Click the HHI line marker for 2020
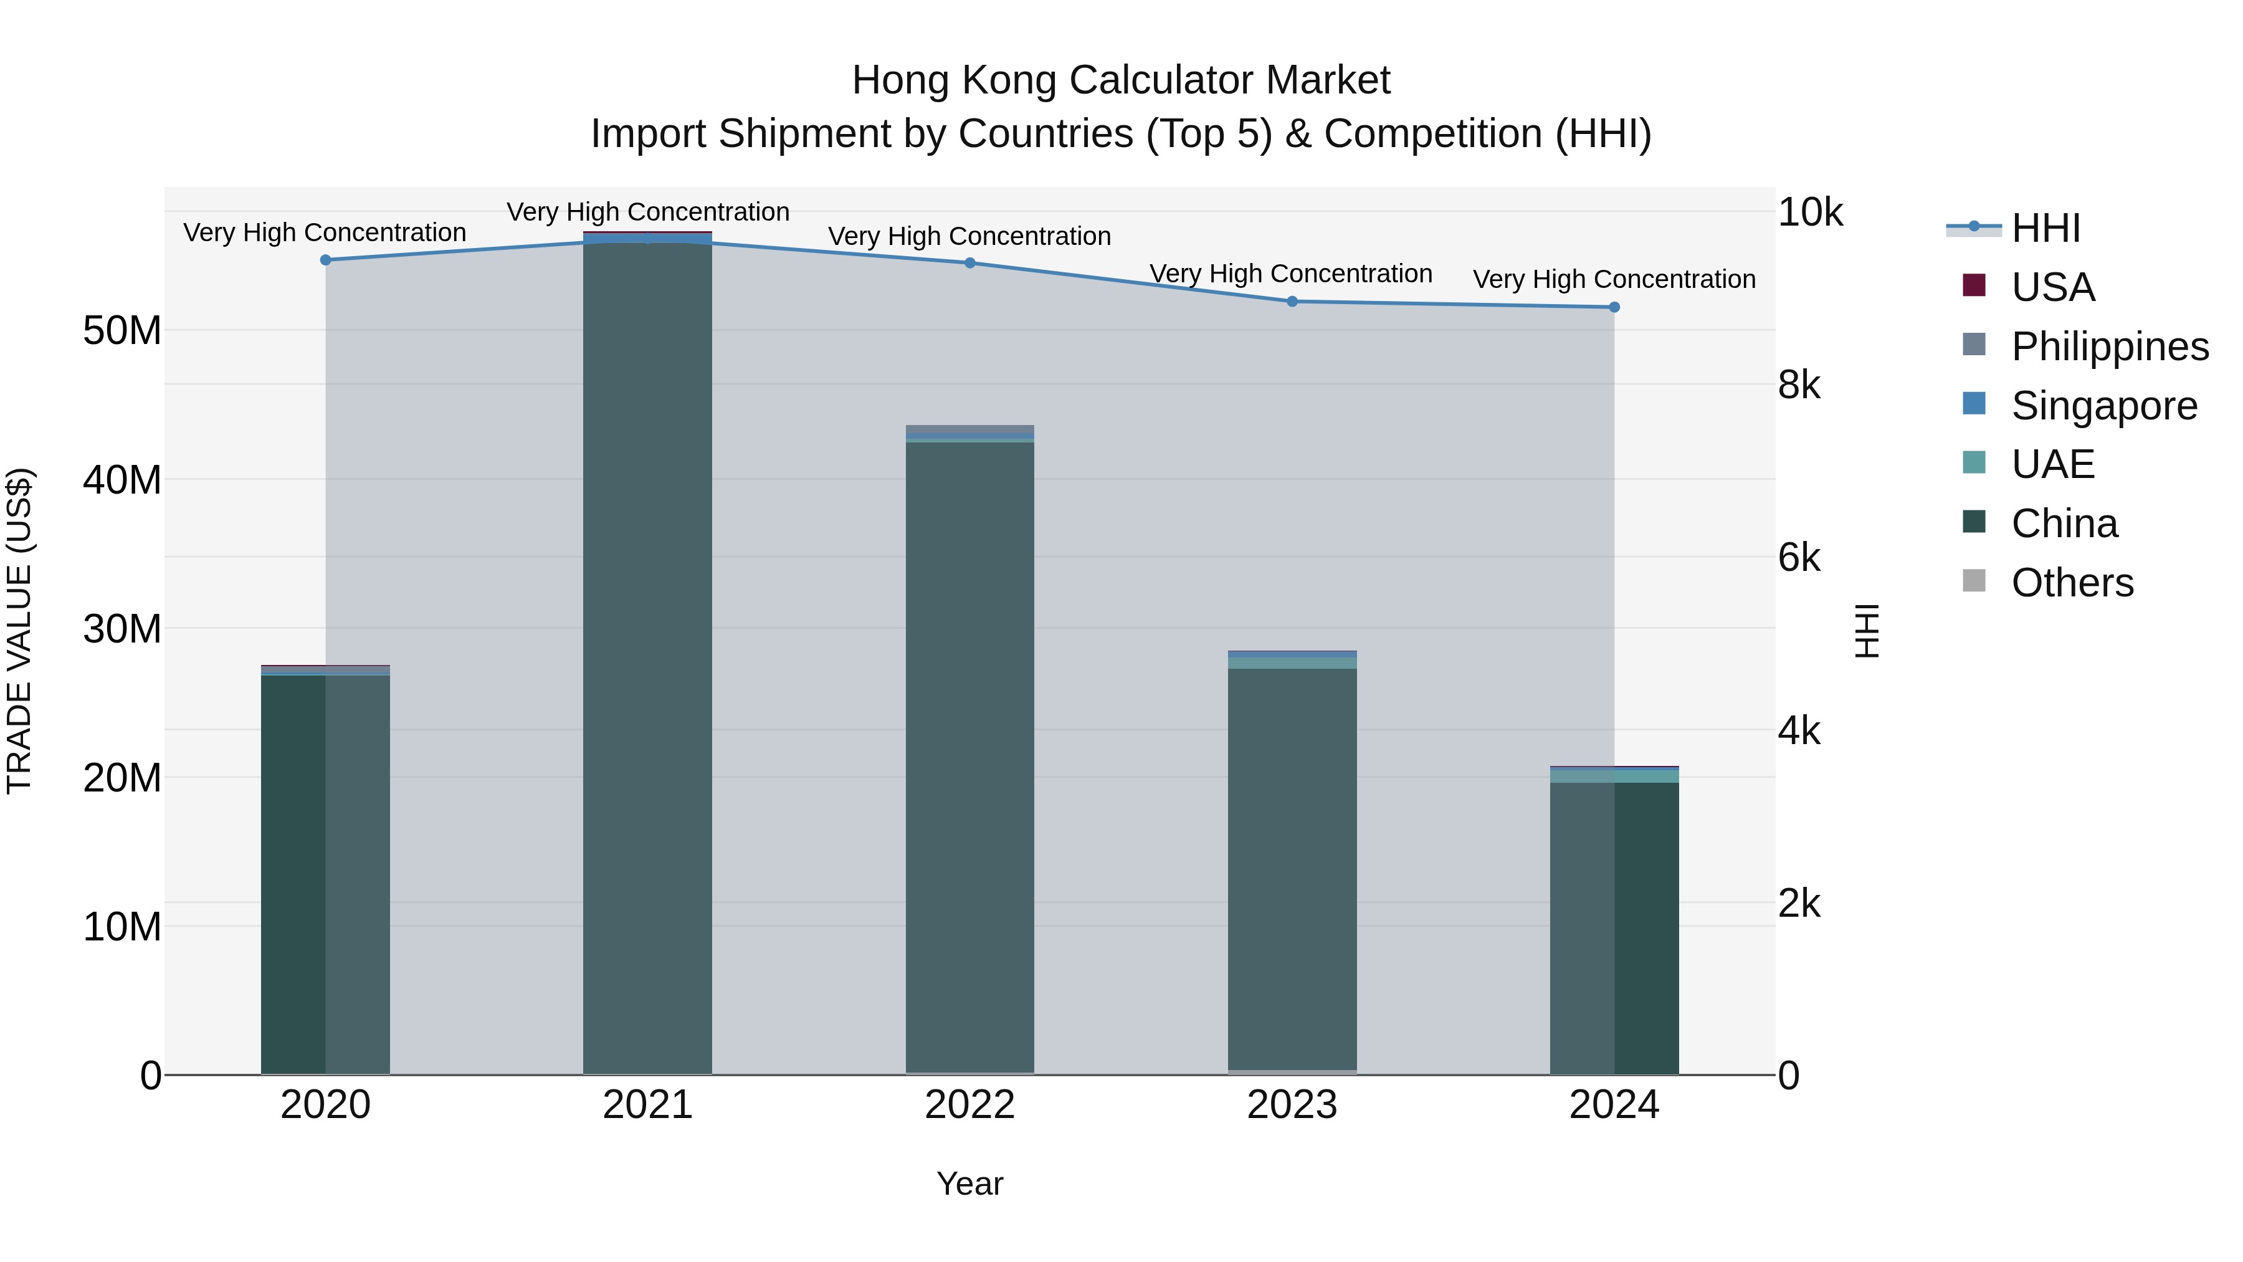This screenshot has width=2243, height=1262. [326, 259]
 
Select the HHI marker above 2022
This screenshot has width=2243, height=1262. [970, 263]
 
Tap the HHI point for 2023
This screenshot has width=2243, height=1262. [1292, 302]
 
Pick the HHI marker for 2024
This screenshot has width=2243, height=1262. [1614, 307]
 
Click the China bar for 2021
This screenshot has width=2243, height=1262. [648, 653]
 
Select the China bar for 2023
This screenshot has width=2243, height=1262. [1292, 871]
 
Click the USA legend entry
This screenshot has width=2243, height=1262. [2052, 287]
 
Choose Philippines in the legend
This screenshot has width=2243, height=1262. [2109, 347]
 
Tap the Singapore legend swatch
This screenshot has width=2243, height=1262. [1974, 404]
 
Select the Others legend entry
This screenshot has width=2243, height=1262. [2072, 583]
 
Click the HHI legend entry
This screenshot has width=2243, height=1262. [2045, 228]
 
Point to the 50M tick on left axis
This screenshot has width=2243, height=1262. [122, 331]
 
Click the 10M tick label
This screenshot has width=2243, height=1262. [122, 927]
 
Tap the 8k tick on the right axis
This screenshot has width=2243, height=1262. [1799, 385]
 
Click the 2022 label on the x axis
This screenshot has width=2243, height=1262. [970, 1105]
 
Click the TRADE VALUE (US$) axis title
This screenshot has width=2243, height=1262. [19, 631]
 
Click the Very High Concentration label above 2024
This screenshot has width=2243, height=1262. [1614, 280]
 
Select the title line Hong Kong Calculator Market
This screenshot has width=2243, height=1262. [1121, 80]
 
